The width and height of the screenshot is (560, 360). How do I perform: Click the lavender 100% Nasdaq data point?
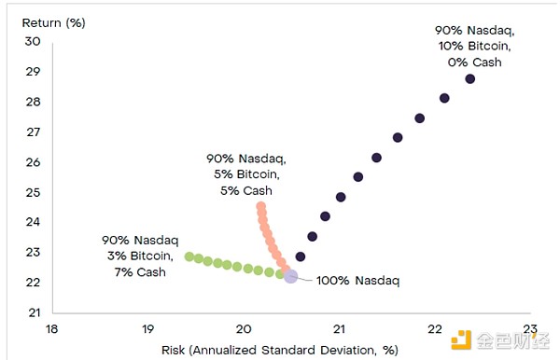pos(290,276)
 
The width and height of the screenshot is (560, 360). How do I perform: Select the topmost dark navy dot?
pos(469,79)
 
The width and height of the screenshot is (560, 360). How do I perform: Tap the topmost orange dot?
pos(260,206)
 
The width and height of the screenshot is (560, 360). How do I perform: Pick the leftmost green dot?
pos(189,256)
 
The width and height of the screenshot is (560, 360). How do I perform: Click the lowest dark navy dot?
pos(300,256)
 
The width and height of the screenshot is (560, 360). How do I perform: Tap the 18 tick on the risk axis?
pos(51,329)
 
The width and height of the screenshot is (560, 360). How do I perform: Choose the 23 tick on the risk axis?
pos(530,329)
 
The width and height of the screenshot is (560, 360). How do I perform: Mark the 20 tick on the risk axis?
pos(243,329)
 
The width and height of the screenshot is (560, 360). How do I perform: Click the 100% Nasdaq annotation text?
pos(357,280)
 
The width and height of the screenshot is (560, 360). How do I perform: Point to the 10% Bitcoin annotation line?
pos(474,47)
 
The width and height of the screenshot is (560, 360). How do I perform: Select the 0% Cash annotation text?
pos(474,62)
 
